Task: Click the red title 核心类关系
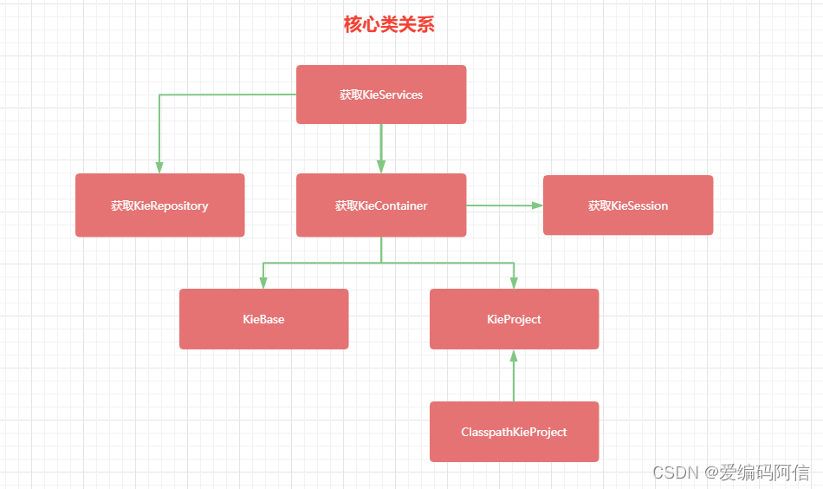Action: coord(389,25)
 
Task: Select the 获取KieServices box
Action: coord(381,95)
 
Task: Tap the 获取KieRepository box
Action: coord(159,205)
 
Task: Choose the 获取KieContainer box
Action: coord(381,205)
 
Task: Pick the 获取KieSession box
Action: coord(628,205)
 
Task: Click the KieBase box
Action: coord(263,319)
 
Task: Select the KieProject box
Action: coord(514,319)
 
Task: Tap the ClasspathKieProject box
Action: coord(514,432)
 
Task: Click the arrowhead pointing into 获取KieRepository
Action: coord(159,168)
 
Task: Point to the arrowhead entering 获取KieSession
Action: coord(537,205)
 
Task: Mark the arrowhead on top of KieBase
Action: coord(263,283)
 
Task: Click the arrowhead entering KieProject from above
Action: coord(514,283)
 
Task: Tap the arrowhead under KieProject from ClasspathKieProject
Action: coord(514,355)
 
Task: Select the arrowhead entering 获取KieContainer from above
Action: coord(381,167)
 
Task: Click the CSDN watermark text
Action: coord(676,473)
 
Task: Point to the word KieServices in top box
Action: coord(393,95)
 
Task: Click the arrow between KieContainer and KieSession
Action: coord(502,205)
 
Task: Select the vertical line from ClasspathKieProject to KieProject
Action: coord(514,381)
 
